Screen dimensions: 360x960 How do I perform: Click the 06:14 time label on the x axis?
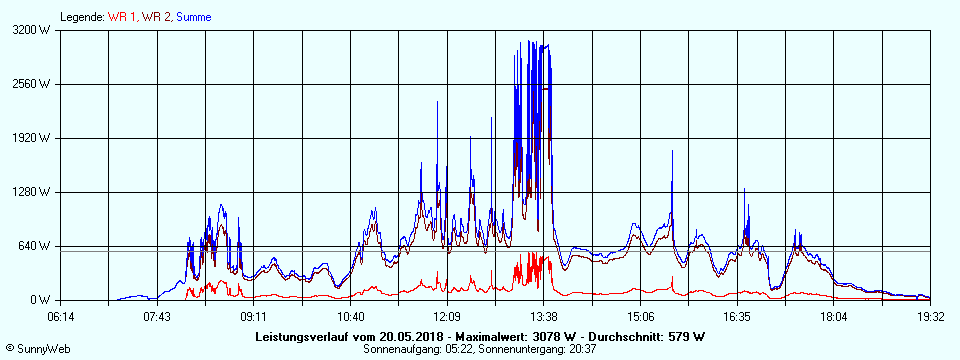[61, 317]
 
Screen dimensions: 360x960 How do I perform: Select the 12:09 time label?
[447, 317]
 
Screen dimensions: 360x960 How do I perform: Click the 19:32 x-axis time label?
[931, 317]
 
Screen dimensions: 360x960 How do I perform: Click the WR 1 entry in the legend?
[122, 17]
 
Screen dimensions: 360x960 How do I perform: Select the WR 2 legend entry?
[156, 17]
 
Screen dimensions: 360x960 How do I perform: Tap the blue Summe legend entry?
[193, 17]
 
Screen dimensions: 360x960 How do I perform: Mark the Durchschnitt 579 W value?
[686, 335]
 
